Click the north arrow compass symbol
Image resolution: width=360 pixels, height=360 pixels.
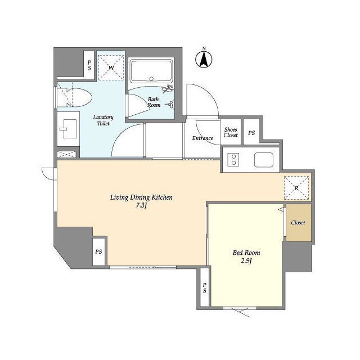point(204,58)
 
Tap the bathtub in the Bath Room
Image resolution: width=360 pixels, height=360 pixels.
point(151,71)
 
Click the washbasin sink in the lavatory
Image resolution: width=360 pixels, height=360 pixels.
point(69,129)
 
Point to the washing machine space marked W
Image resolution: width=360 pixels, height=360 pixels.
point(111,67)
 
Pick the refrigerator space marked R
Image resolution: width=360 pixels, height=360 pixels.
point(296,188)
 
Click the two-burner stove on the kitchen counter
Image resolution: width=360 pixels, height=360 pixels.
point(233,160)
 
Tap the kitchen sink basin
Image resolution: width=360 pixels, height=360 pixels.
point(264,160)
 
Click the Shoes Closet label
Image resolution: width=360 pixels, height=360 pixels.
point(231,132)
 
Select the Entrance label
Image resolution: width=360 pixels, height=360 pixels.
point(202,138)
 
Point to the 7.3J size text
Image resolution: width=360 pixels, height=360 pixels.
point(141,205)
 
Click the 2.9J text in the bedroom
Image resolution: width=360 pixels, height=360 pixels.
point(246,261)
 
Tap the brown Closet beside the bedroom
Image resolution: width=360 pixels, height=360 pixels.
point(298,223)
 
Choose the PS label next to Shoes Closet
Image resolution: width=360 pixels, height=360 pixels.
point(251,133)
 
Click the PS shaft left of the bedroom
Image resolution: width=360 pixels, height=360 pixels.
point(204,287)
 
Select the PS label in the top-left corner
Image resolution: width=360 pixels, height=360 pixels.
point(89,65)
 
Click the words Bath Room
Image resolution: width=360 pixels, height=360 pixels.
point(154,102)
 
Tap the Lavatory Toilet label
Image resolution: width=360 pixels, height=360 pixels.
point(103,120)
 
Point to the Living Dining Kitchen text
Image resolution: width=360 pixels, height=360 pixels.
point(141,197)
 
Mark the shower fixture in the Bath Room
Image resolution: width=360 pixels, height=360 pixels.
point(168,89)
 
